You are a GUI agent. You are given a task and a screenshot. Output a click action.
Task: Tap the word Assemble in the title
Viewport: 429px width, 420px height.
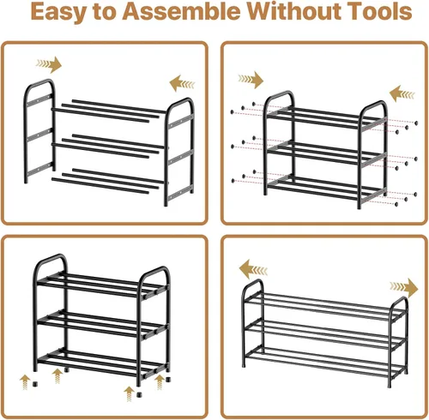[x=181, y=11]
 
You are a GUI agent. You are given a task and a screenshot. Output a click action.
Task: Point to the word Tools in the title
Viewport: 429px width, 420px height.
[x=381, y=11]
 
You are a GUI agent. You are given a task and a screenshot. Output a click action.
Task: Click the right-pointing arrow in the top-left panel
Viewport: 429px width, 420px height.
[x=49, y=64]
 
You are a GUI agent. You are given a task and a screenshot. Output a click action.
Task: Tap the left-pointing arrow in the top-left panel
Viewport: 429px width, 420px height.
[x=182, y=83]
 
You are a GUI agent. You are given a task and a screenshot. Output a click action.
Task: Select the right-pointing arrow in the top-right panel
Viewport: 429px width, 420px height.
[x=251, y=80]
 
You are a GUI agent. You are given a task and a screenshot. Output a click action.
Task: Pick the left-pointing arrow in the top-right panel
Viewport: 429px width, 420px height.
[x=402, y=93]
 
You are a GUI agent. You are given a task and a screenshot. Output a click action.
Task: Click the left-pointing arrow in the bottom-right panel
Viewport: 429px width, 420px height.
[x=253, y=269]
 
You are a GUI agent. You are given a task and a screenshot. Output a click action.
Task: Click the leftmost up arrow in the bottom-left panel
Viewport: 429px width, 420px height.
[x=25, y=382]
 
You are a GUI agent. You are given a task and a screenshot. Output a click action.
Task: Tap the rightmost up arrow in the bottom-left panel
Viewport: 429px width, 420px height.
[x=160, y=382]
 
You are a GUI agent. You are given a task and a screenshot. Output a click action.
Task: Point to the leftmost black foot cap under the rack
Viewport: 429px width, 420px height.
[x=35, y=384]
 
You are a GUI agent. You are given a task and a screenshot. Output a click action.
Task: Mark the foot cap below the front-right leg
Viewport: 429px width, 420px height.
[x=139, y=394]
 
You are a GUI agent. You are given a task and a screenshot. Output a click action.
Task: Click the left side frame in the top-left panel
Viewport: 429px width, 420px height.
[x=39, y=131]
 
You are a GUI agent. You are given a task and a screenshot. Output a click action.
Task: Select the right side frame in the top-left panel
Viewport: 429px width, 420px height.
[x=179, y=152]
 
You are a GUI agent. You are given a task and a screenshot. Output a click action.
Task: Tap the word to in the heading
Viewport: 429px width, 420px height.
[x=105, y=12]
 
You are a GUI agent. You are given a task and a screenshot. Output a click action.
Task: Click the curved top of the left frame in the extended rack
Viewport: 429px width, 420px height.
[x=252, y=283]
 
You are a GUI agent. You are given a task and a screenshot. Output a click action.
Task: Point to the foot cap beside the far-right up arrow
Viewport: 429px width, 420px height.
[x=168, y=380]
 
